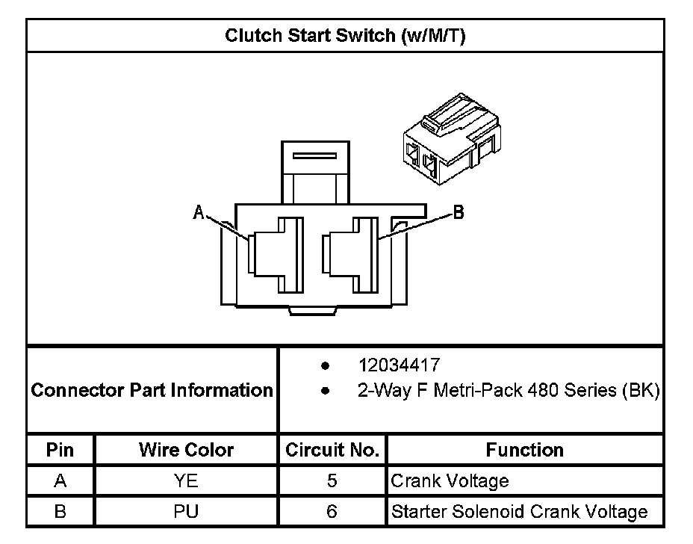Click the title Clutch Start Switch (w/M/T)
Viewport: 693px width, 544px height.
345,35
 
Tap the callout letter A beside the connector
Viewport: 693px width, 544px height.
199,212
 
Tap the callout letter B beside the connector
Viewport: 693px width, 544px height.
459,212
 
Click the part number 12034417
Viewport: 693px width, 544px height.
399,365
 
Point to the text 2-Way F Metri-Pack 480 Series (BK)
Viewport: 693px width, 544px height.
509,391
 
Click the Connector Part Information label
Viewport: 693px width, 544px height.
152,390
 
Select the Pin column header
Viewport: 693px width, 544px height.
60,450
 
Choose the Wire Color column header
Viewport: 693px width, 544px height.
186,450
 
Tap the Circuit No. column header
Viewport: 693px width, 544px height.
332,450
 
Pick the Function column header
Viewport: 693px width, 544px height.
525,450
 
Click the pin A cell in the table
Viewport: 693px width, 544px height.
60,480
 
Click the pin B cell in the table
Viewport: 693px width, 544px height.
60,512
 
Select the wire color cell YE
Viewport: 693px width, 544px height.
186,480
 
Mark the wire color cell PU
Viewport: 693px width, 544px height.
186,512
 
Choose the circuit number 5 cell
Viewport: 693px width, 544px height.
332,480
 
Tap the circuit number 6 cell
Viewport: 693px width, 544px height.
332,512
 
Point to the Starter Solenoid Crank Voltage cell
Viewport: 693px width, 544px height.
519,512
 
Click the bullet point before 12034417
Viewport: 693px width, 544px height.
326,365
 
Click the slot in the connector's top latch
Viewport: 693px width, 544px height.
314,155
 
